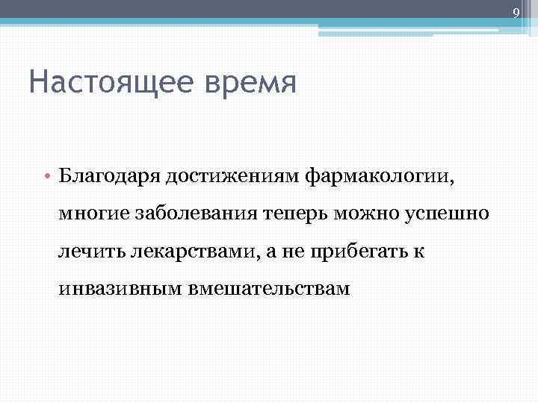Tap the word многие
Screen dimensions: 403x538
tap(94, 215)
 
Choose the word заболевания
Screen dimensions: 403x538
tap(196, 215)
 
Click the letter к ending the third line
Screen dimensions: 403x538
tap(420, 252)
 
